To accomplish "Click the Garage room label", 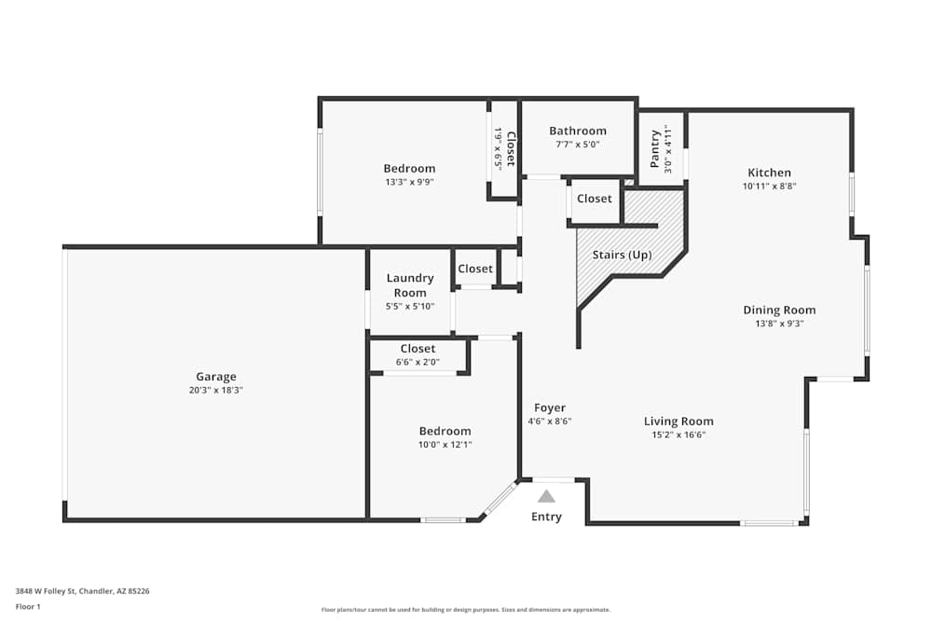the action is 216,377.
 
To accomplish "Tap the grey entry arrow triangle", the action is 546,496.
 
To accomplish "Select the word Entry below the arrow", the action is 546,517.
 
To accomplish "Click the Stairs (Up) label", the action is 622,256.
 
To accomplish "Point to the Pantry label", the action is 654,149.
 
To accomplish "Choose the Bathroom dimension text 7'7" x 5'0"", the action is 578,145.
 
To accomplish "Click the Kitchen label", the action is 769,173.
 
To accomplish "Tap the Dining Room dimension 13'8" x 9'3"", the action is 779,325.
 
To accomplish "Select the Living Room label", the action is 678,421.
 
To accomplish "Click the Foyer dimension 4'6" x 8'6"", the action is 550,422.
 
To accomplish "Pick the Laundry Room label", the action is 410,285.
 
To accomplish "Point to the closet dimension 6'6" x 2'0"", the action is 418,362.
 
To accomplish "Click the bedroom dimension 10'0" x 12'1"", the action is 445,445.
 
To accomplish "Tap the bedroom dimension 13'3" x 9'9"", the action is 409,182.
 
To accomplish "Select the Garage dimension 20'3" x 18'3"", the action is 216,391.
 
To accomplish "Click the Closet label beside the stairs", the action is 595,199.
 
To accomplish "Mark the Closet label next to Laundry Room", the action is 475,269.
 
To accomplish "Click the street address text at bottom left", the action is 83,591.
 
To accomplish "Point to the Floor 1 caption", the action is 28,606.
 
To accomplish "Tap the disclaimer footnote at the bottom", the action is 466,610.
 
